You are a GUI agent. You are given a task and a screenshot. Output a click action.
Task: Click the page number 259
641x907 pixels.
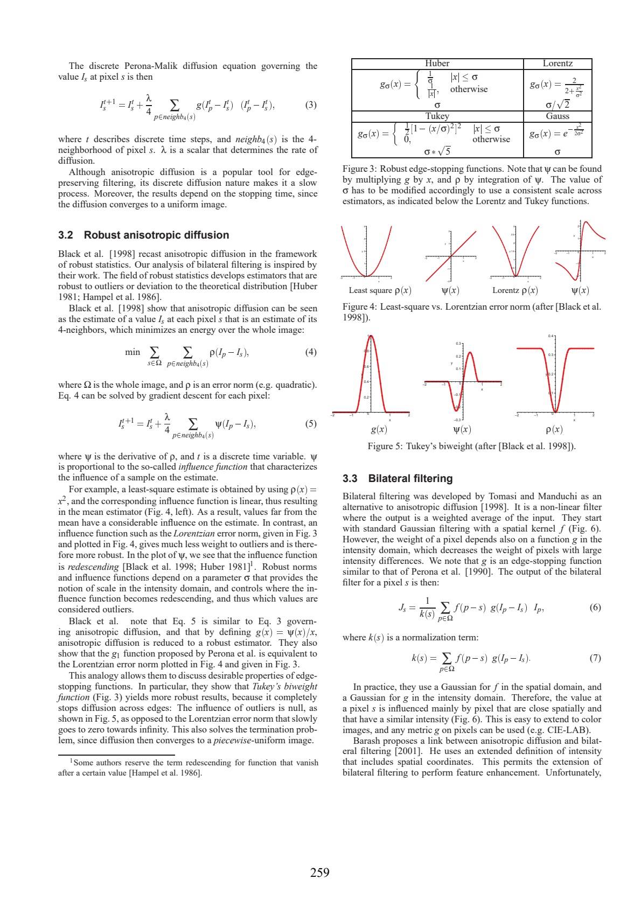click(319, 873)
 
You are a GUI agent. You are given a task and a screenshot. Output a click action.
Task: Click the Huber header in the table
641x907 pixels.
click(437, 64)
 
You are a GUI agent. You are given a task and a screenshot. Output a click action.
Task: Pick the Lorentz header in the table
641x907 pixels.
click(557, 64)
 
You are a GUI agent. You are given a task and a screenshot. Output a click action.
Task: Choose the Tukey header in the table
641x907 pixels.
click(437, 116)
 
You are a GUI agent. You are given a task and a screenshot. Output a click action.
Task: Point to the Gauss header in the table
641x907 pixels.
click(557, 116)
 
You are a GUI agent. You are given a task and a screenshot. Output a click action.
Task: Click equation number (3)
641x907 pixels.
click(311, 105)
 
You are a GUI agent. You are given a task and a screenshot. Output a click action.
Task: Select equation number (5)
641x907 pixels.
click(311, 423)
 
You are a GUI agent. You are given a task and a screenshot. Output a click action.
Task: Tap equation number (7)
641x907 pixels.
click(595, 658)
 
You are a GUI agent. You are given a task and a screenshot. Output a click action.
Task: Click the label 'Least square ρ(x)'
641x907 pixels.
click(380, 290)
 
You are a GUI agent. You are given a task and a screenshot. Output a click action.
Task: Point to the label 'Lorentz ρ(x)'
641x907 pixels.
click(515, 290)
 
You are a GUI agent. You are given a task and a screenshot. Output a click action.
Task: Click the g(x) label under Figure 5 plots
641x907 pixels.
click(379, 429)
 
